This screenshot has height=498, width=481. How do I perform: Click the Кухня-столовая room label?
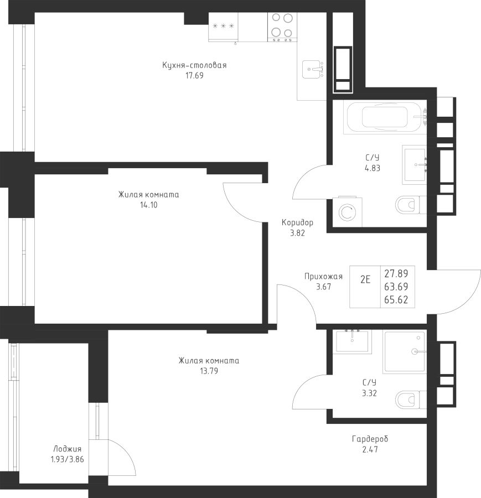point(194,65)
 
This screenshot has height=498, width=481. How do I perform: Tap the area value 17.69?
point(194,76)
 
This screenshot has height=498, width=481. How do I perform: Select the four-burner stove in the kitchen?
point(281,27)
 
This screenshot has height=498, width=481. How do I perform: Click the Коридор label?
point(297,223)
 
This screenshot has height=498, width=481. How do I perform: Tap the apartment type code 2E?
point(365,279)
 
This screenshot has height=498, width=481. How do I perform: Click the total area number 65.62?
point(396,300)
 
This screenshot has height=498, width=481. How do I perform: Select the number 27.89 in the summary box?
point(396,273)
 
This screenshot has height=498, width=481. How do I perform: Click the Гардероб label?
point(370,439)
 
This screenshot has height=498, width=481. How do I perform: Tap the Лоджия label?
point(68,449)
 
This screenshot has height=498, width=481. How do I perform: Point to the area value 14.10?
point(148,205)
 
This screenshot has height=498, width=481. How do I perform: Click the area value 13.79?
point(209,371)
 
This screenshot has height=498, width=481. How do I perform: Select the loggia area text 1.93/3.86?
point(66,459)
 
